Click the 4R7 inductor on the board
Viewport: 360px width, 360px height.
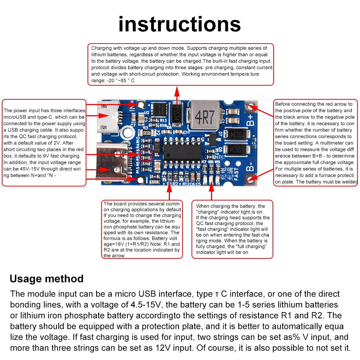(x=204, y=115)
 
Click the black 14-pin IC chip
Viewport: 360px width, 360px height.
(x=182, y=153)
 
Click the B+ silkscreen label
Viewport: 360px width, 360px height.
(x=250, y=120)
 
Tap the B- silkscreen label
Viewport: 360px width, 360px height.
(x=250, y=166)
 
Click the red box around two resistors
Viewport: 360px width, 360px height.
(x=147, y=155)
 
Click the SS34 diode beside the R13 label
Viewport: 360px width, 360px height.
(x=176, y=114)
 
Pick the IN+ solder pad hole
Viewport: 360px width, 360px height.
(x=141, y=105)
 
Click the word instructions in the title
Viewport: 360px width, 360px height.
(x=180, y=24)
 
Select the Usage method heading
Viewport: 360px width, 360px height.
(x=46, y=279)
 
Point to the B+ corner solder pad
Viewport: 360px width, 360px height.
(x=250, y=106)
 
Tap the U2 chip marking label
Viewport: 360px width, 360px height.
(x=147, y=113)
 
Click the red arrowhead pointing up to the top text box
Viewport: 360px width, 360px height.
(x=177, y=91)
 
